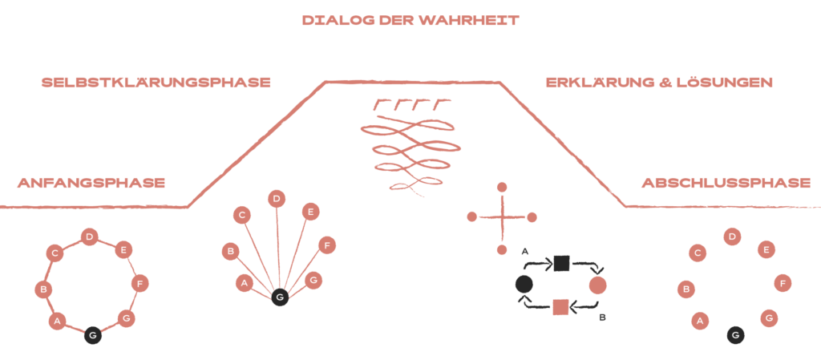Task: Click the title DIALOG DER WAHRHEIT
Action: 410,21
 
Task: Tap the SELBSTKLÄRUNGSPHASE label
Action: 156,83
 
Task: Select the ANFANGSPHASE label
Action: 91,183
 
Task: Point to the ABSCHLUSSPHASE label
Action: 726,183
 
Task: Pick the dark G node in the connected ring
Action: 93,335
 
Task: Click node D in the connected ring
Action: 90,237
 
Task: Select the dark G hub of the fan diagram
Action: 279,297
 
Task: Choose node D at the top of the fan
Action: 277,198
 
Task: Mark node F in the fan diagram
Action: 326,245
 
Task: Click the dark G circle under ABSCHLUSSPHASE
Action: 735,335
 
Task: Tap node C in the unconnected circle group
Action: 698,253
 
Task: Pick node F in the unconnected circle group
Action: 783,283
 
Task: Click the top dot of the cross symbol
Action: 502,187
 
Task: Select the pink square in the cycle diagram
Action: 560,305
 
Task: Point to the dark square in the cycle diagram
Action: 561,263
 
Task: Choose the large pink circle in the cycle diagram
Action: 597,285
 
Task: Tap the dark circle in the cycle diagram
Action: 524,284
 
